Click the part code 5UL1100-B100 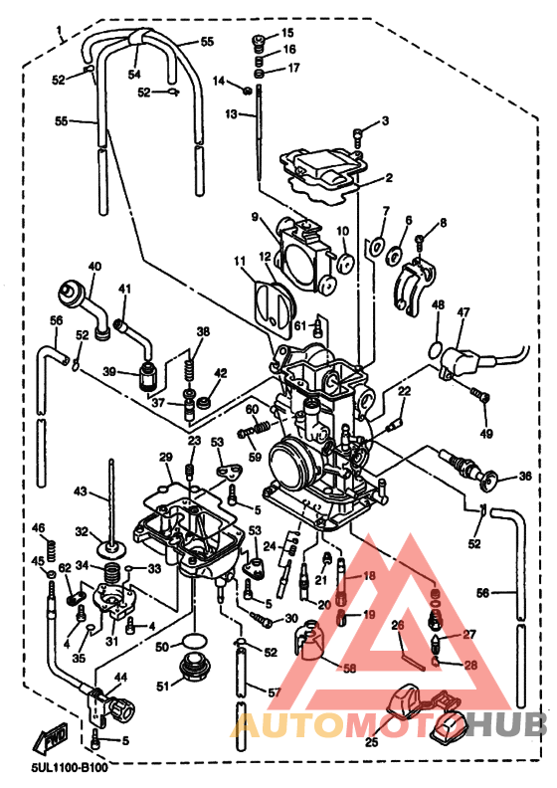click(69, 767)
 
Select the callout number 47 click(464, 312)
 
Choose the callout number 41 click(124, 290)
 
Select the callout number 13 click(232, 115)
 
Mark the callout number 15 click(288, 33)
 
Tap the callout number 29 click(166, 457)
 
